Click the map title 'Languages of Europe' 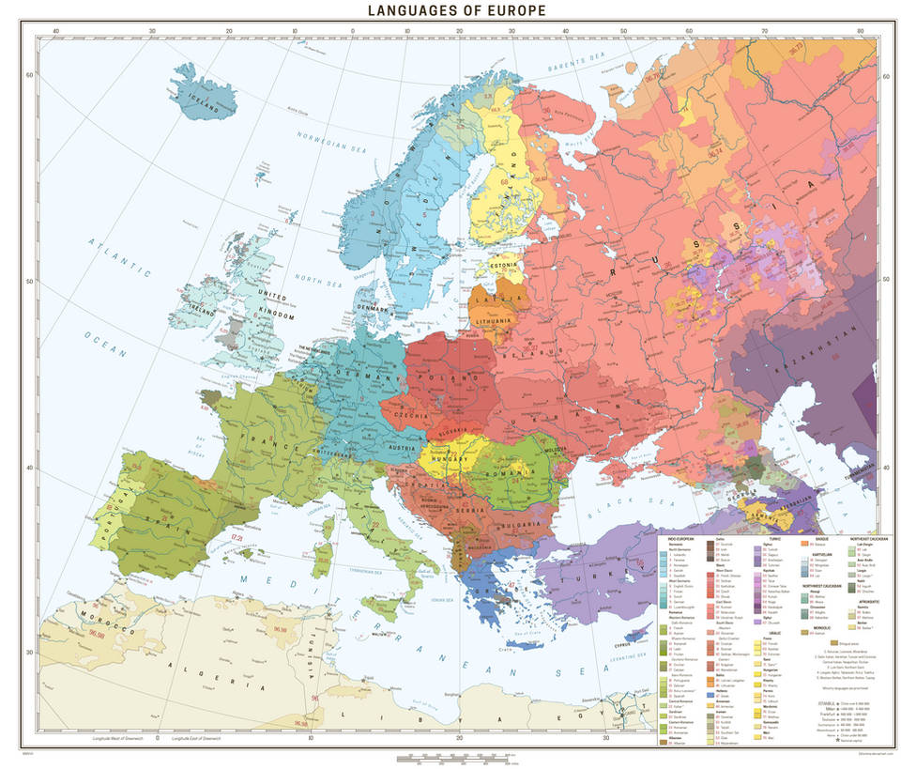point(457,11)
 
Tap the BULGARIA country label point(526,522)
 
